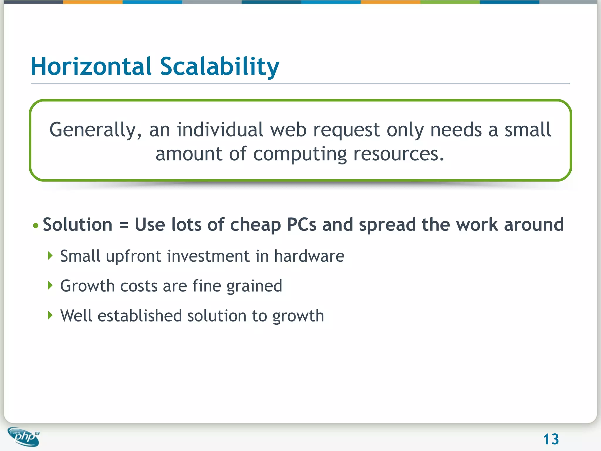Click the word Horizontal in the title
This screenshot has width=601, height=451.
point(91,66)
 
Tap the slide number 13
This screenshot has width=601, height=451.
point(551,439)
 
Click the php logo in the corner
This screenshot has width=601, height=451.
point(23,437)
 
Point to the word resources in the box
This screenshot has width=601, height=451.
point(399,154)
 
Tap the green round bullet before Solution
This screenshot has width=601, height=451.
point(36,225)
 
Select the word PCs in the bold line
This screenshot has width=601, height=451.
point(301,225)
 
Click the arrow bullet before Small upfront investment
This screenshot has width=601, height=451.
point(50,256)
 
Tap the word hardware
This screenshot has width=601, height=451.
point(309,256)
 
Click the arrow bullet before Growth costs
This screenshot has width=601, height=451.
point(50,285)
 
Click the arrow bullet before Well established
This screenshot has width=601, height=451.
point(50,315)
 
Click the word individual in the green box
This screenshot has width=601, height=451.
point(220,130)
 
